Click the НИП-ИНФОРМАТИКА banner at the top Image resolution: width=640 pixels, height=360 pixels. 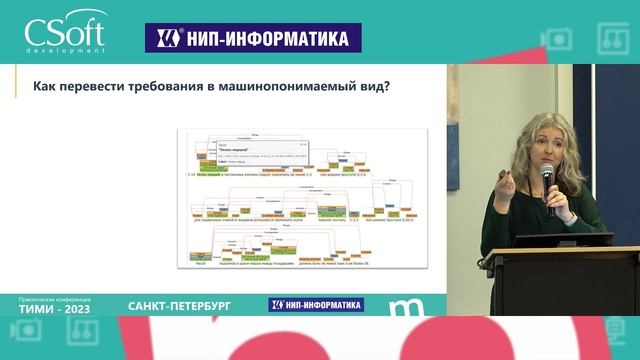click(253, 38)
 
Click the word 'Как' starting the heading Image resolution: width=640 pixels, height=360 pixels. click(46, 87)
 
